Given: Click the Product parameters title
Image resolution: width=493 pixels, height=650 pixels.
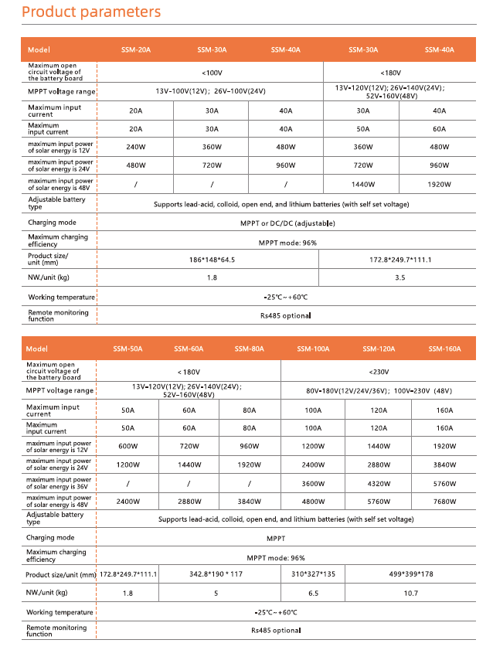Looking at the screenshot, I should (x=91, y=12).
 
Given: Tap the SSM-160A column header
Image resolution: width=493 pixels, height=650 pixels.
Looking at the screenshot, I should (x=444, y=349).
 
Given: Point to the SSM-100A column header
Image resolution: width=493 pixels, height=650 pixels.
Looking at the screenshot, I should (x=313, y=349).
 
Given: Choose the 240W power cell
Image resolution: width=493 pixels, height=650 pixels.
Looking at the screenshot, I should (x=135, y=147).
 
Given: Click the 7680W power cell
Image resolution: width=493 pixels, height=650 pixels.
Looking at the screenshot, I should (x=444, y=501).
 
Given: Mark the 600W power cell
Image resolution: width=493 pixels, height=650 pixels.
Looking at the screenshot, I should (x=127, y=447).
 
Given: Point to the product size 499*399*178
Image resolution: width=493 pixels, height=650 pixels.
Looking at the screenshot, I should (x=410, y=574).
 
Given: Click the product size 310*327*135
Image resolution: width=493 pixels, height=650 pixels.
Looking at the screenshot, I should (x=313, y=574).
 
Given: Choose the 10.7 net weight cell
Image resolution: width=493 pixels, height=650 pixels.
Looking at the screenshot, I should (x=410, y=593).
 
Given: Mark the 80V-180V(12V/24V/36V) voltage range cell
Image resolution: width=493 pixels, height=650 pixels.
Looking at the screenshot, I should (x=379, y=390).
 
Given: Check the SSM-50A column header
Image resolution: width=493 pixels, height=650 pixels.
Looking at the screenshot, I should (x=127, y=349).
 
